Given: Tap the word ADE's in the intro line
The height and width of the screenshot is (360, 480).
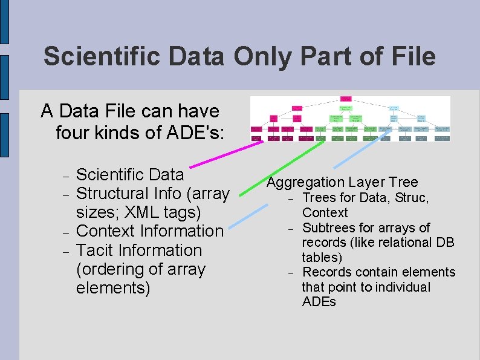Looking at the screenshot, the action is (195, 131).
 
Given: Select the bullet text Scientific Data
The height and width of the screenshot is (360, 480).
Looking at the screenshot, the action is (130, 174).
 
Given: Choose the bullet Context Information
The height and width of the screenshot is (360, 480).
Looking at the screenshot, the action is (150, 231).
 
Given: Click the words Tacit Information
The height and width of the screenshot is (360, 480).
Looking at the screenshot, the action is (139, 250).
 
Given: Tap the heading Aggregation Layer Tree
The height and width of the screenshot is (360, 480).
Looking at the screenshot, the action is (342, 182).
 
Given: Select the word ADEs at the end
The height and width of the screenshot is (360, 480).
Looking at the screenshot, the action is (319, 301).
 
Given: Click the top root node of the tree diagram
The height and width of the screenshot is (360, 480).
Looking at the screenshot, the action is (346, 98).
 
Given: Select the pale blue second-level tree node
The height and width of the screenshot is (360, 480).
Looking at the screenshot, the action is (394, 108).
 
